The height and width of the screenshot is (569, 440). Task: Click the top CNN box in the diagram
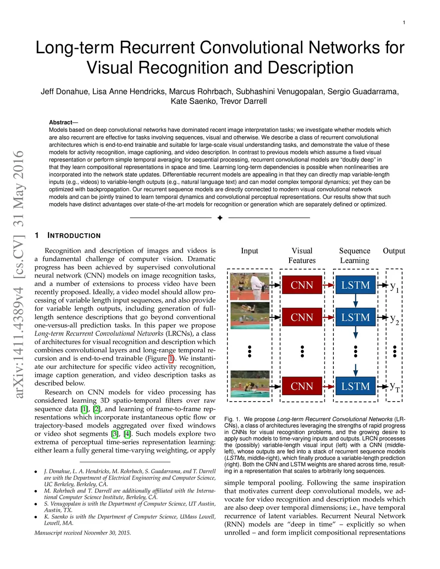coord(302,285)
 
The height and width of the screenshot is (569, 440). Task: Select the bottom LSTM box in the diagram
coord(355,386)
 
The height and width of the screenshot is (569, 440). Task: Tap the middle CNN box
coord(302,317)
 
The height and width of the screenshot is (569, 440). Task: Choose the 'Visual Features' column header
coord(302,256)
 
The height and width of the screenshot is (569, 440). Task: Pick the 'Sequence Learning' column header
coord(354,256)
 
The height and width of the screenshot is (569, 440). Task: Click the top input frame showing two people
coord(250,286)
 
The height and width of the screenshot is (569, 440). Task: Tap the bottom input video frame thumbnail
coord(250,384)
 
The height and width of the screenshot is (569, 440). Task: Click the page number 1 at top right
coord(404,23)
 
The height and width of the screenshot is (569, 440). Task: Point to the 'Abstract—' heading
coord(63,122)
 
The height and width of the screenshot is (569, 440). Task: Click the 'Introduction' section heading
coord(74,235)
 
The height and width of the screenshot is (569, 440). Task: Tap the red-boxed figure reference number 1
coord(171,359)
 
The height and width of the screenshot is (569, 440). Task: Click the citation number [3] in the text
coord(115,434)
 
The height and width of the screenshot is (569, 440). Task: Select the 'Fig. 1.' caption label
coord(232,419)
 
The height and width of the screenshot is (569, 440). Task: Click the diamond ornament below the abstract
coord(220,218)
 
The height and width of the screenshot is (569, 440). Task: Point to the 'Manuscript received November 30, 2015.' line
coord(82,533)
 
